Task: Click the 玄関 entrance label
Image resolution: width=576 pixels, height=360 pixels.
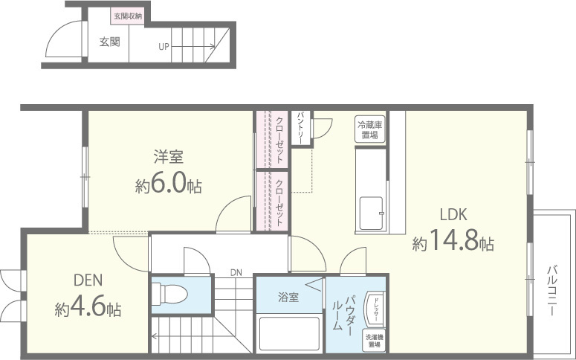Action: [109, 42]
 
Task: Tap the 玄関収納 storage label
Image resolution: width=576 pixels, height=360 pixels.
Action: [128, 16]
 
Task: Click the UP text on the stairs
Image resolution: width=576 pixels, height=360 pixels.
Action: [164, 46]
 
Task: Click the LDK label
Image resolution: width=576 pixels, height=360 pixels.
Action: [452, 215]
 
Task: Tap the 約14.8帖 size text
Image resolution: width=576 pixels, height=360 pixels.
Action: [453, 242]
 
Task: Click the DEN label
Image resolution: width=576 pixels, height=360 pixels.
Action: [88, 280]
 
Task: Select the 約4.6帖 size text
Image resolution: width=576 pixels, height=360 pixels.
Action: [88, 308]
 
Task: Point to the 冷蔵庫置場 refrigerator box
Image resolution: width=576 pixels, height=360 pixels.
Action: [369, 130]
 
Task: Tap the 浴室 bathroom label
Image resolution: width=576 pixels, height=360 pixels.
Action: [288, 298]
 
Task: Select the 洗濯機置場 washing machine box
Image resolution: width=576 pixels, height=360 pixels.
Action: [374, 341]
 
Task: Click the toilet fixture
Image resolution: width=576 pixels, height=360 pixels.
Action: [169, 292]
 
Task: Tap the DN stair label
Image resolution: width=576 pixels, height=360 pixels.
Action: [236, 272]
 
